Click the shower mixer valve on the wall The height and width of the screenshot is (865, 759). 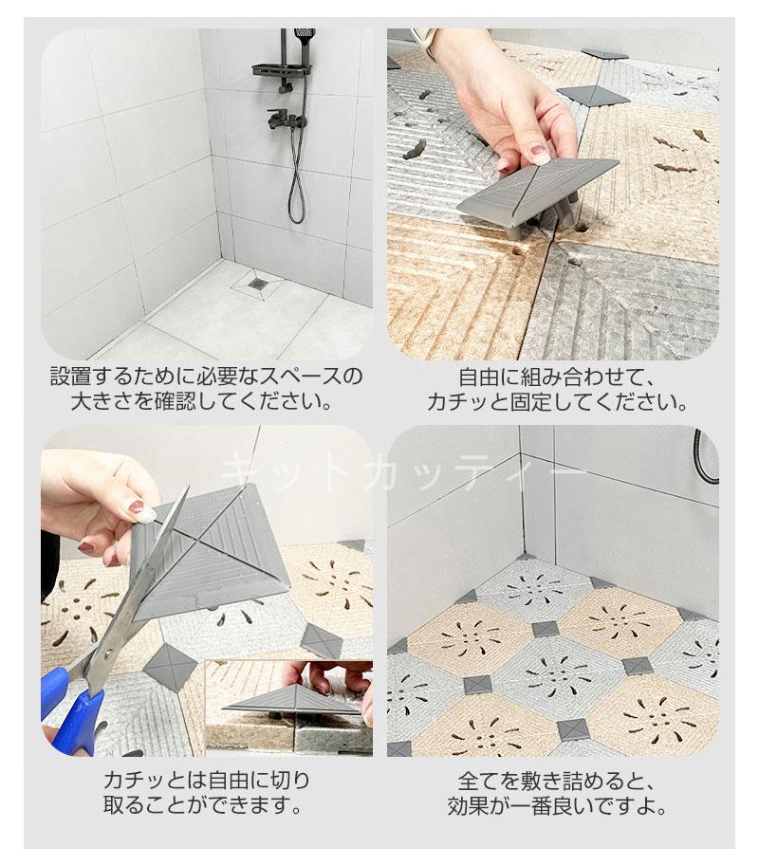click(286, 119)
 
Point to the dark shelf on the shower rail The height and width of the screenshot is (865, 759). click(282, 70)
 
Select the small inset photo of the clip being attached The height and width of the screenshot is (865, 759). click(288, 708)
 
